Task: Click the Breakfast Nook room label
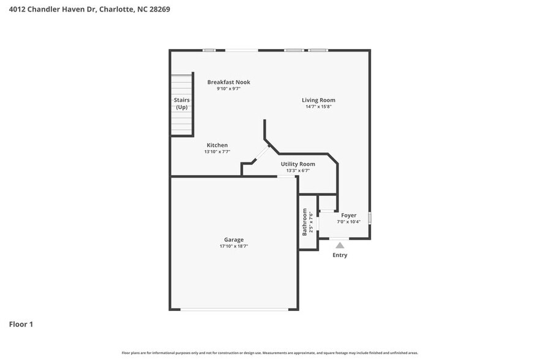[228, 82]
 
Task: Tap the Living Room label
[318, 100]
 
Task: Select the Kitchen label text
[217, 145]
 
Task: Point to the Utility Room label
[298, 164]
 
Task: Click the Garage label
[233, 239]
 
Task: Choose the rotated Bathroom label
[304, 222]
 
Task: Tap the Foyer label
[348, 215]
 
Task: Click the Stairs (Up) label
[181, 103]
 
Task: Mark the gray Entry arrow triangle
[339, 245]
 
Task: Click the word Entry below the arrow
[339, 255]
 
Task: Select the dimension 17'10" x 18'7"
[233, 246]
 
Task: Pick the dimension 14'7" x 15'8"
[318, 107]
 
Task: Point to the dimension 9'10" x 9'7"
[228, 89]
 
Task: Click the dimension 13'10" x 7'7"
[217, 152]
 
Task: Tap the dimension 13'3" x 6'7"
[298, 171]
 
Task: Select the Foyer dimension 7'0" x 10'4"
[348, 222]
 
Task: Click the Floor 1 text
[21, 324]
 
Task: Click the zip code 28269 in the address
[158, 10]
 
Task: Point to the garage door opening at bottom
[235, 309]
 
